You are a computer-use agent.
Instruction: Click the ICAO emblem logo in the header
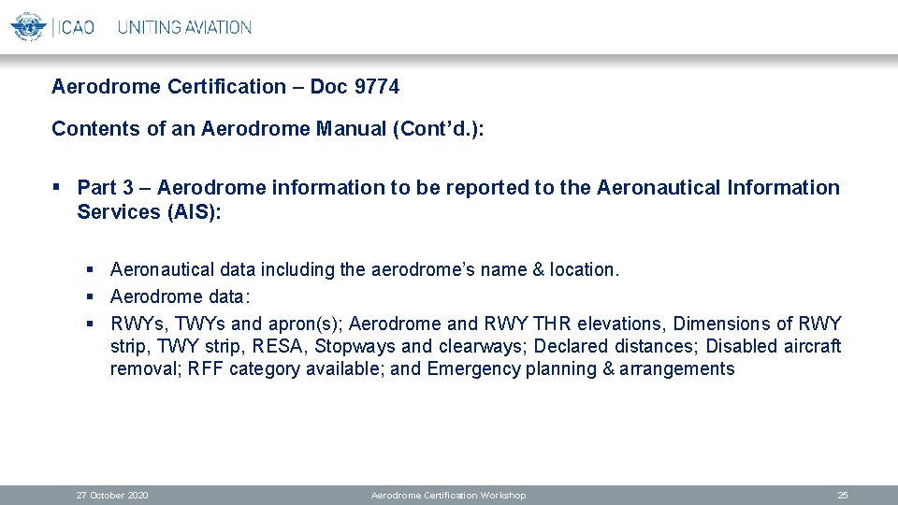(28, 26)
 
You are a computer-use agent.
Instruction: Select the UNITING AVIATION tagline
(184, 27)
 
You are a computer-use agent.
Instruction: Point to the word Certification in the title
(225, 87)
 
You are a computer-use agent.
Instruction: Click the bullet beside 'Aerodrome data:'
(91, 296)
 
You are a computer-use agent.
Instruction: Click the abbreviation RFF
(205, 368)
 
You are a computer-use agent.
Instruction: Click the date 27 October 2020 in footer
(112, 495)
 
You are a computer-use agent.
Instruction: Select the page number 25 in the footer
(843, 495)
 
